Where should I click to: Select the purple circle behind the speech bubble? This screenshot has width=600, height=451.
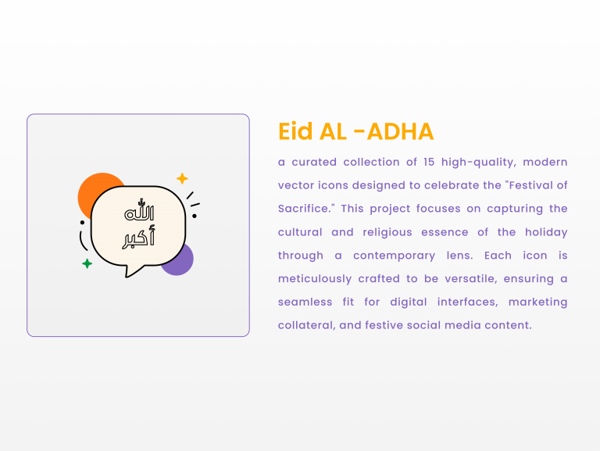pos(182,263)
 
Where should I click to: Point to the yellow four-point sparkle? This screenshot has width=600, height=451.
pos(182,178)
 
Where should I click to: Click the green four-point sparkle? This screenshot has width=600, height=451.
pos(87,263)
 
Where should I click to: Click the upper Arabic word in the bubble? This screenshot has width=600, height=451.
pos(139,209)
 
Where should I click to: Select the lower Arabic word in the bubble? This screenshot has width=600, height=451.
pos(138,238)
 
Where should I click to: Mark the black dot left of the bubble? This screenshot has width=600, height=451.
pos(82,223)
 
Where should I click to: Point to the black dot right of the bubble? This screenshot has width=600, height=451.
pos(195,216)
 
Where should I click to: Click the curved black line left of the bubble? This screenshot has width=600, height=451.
pos(81,242)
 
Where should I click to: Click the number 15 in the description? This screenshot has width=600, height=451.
pos(429,162)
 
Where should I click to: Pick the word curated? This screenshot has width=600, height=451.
pos(314,163)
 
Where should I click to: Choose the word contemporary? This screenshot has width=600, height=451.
pos(394,256)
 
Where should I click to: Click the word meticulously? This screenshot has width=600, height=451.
pos(315,280)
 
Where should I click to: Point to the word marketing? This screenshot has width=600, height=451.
pos(537,302)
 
